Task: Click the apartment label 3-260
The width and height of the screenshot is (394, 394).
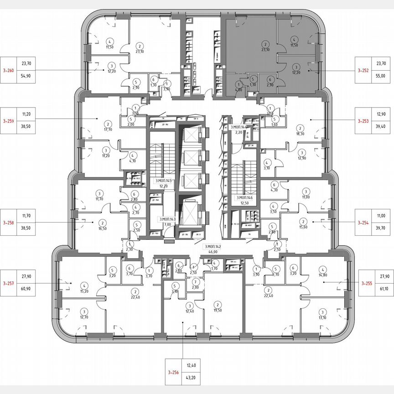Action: point(9,70)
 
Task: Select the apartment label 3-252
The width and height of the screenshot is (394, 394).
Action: point(363,71)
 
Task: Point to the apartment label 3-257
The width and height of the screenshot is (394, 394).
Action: point(9,283)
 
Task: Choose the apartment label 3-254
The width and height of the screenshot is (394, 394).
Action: point(363,223)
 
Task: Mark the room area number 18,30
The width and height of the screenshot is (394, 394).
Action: point(300,134)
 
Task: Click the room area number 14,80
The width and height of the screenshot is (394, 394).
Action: point(324,274)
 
